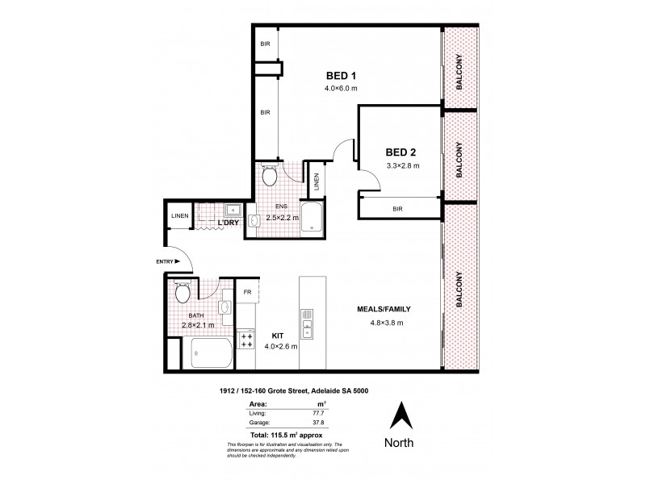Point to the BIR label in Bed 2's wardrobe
tap(397, 208)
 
